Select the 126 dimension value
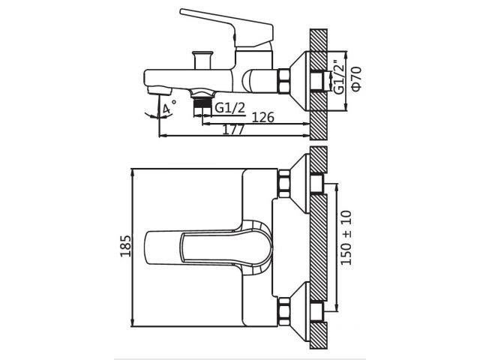(x=262, y=117)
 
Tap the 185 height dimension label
(x=125, y=245)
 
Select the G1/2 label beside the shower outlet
(x=230, y=108)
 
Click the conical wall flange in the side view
(x=300, y=78)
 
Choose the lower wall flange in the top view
(x=300, y=310)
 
